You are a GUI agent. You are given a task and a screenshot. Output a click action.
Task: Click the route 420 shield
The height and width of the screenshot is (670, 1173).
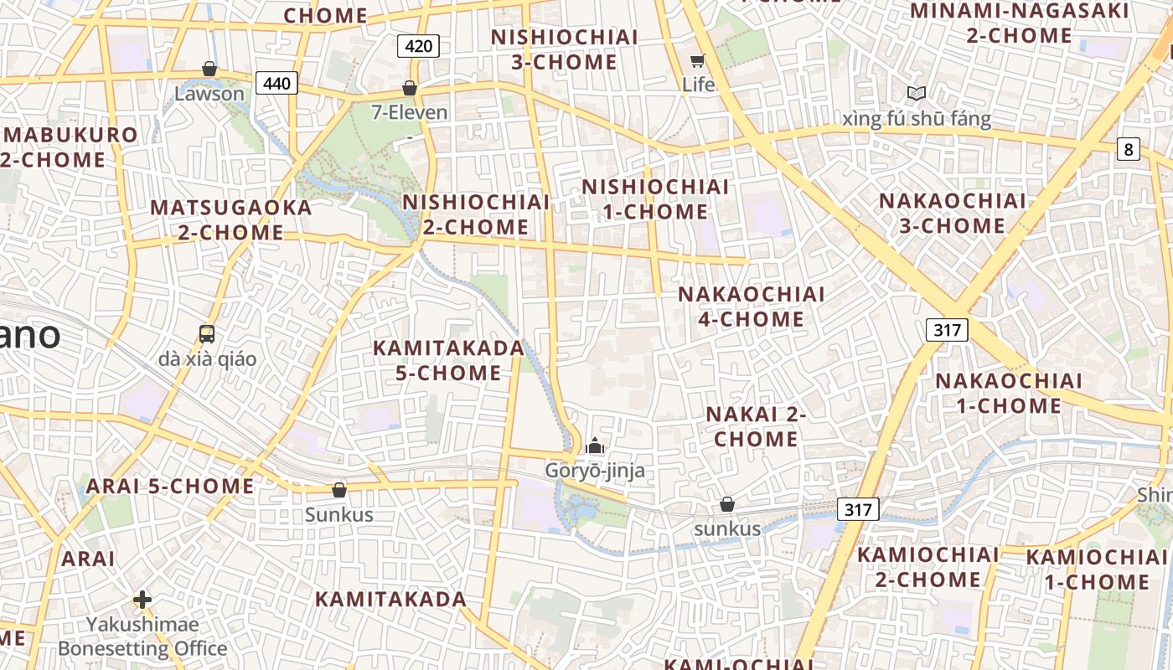point(418,46)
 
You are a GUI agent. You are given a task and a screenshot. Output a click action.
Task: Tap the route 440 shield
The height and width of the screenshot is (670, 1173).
point(276,83)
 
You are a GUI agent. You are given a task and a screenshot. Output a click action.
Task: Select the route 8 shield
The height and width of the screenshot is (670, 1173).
point(1129,149)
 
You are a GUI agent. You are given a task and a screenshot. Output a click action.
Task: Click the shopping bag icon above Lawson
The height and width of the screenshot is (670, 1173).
point(209,69)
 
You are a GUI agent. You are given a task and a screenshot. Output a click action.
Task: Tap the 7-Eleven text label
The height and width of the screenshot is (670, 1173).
point(410,112)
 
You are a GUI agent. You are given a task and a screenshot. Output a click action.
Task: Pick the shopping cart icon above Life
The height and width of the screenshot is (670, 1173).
point(697,60)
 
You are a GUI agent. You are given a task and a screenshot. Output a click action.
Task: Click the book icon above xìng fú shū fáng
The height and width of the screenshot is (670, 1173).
point(917,94)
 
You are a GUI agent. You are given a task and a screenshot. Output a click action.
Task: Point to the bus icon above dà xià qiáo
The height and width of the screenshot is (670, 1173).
point(207,334)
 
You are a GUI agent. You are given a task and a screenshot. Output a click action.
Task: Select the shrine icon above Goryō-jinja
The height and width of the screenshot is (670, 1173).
point(595,446)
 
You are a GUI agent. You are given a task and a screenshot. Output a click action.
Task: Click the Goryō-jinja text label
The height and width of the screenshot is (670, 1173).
point(595,470)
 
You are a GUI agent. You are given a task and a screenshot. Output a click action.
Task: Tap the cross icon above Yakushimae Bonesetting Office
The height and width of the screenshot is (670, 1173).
point(142,600)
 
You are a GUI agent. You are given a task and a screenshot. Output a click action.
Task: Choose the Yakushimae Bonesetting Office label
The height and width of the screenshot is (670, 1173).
point(142,636)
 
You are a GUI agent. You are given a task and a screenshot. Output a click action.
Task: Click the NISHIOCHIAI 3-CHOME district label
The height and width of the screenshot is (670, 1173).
point(565,49)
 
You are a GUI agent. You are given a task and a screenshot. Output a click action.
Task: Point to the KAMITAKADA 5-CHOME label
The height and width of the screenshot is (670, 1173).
point(448,360)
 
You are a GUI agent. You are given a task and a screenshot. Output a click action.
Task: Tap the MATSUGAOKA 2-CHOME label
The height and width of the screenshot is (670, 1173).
point(230,219)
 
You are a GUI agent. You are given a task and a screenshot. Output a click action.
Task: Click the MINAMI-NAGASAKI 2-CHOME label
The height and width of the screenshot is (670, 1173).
point(1019,23)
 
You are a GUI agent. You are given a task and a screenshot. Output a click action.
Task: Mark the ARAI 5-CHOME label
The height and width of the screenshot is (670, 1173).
point(170,486)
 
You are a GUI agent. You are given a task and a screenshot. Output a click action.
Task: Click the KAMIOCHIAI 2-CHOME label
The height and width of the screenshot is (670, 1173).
point(928,567)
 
